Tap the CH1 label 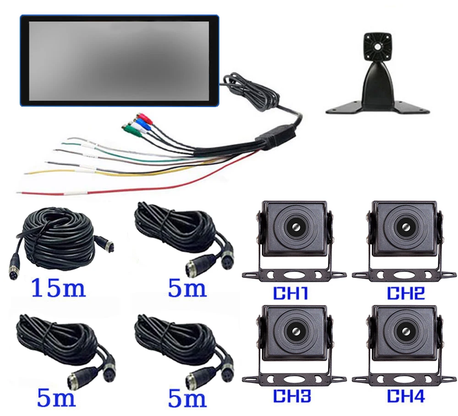[x=290, y=293]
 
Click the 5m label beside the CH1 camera [x=187, y=288]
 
